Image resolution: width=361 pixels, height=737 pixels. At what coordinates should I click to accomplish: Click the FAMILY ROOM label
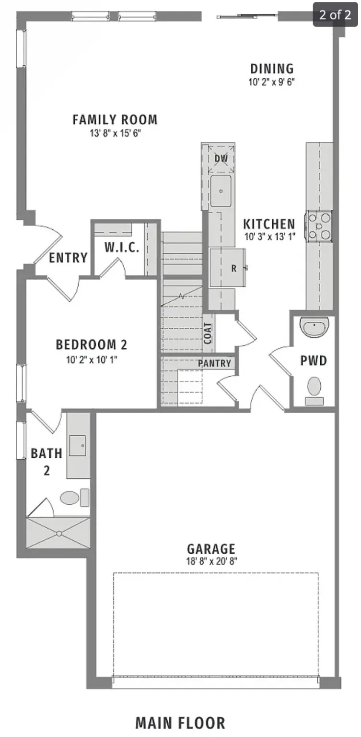click(x=115, y=119)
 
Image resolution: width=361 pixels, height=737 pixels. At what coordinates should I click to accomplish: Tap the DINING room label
click(x=271, y=69)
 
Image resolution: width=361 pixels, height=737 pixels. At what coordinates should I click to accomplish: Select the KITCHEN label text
click(x=269, y=224)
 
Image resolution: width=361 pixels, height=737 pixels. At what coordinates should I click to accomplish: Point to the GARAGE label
click(x=211, y=548)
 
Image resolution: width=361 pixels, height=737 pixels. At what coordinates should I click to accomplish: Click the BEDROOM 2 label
click(x=91, y=345)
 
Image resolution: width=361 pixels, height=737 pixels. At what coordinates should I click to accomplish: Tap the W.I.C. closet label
click(x=122, y=248)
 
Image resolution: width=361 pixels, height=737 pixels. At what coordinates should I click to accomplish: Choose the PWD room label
click(x=314, y=361)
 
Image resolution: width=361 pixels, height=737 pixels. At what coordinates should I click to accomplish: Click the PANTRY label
click(x=215, y=363)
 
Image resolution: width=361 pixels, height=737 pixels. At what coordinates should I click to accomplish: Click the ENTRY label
click(x=69, y=258)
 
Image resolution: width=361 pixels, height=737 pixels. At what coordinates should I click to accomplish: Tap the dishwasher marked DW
click(x=221, y=158)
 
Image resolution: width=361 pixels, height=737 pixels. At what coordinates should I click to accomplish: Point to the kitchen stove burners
click(x=319, y=226)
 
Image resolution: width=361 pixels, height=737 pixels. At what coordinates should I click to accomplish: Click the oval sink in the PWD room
click(x=315, y=328)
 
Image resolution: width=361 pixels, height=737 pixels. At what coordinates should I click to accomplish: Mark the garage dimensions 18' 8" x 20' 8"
click(x=211, y=560)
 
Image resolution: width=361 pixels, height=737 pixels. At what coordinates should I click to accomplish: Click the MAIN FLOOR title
click(x=180, y=723)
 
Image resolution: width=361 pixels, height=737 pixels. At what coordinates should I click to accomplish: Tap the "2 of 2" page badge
click(x=335, y=14)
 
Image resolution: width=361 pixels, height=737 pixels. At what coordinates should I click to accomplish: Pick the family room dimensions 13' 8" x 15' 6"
click(x=115, y=132)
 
